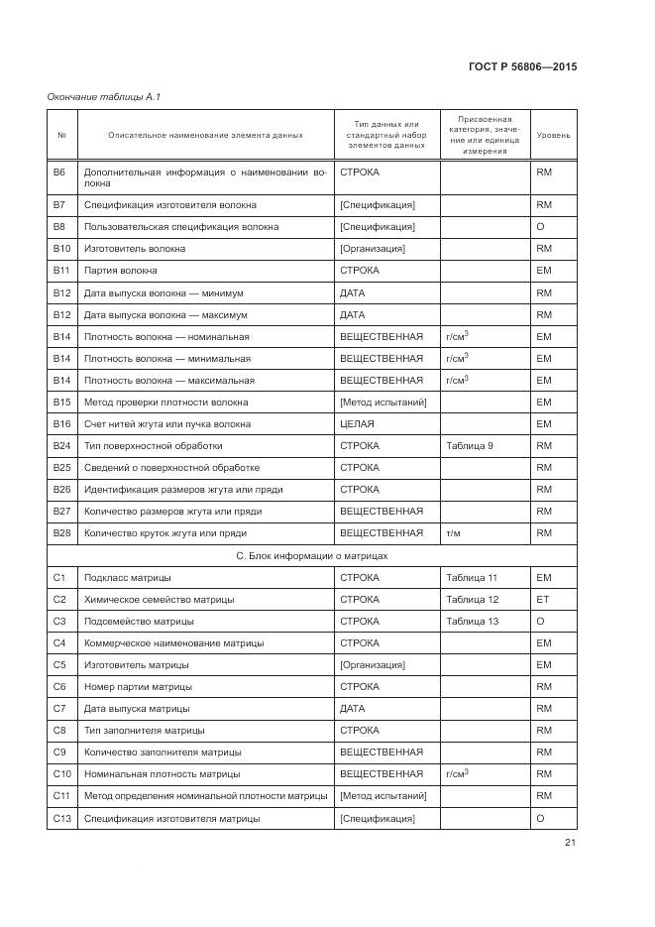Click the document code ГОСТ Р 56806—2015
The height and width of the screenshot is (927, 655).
521,67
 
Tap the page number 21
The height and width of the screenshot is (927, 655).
570,843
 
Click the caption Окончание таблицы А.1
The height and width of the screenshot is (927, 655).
104,96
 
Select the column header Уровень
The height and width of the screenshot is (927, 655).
553,135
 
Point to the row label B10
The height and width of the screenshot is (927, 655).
61,249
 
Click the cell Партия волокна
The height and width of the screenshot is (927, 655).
121,271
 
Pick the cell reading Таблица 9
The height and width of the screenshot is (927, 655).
470,446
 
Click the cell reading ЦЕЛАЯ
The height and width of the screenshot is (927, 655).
357,424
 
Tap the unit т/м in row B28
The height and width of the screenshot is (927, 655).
454,533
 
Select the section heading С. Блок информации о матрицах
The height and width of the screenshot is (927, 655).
311,555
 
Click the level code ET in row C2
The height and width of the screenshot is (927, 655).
543,600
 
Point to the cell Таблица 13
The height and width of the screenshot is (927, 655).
472,622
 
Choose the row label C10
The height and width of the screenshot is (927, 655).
61,774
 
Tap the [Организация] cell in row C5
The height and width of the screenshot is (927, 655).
372,665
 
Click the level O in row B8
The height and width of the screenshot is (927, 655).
541,227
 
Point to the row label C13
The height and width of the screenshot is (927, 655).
61,819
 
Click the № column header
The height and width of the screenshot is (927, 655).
61,135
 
